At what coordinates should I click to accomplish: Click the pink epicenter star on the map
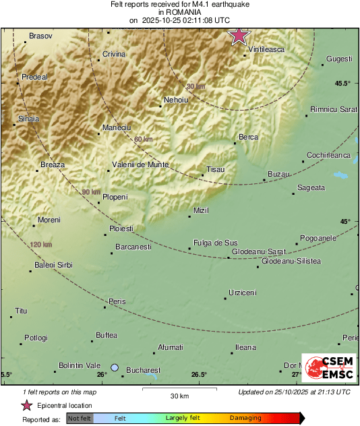click(239, 36)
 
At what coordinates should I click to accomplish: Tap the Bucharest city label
click(143, 370)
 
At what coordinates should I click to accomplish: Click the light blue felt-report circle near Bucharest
click(115, 367)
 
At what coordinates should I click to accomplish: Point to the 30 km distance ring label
click(196, 86)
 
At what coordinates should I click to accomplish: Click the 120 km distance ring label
click(42, 244)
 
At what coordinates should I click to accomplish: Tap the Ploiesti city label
click(122, 229)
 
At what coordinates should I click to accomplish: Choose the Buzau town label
click(278, 174)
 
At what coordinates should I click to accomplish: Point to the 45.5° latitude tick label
click(343, 84)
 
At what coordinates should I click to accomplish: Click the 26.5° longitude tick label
click(199, 375)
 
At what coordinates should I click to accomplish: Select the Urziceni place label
click(243, 292)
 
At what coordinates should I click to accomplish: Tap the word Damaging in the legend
click(245, 418)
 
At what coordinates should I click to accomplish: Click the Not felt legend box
click(80, 419)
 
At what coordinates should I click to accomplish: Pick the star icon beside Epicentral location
click(26, 405)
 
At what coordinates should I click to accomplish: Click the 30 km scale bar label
click(179, 395)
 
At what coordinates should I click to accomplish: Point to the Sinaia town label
click(29, 118)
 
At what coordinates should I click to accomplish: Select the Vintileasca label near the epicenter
click(267, 49)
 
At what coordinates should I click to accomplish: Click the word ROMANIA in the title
click(179, 12)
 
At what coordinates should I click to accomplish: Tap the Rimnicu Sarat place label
click(333, 109)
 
